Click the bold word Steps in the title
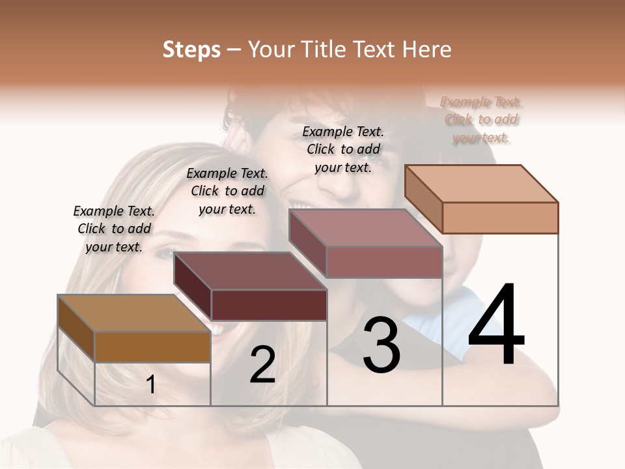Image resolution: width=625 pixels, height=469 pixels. (191, 50)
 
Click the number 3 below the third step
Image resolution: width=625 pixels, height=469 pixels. (382, 345)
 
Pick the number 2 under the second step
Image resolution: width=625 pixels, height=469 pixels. (262, 365)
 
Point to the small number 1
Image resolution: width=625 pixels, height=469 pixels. (151, 385)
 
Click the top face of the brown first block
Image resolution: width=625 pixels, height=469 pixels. (134, 314)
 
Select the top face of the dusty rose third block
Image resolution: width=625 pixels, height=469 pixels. (366, 228)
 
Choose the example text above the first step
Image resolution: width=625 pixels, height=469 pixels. (114, 229)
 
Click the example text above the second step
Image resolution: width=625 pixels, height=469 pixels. (227, 191)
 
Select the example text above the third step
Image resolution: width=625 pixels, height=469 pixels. (343, 149)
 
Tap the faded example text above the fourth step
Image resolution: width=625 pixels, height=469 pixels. (481, 119)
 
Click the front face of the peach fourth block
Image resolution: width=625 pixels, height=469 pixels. (500, 218)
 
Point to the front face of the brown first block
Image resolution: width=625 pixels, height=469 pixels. (152, 347)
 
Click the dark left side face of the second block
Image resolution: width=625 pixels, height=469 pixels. (193, 286)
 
